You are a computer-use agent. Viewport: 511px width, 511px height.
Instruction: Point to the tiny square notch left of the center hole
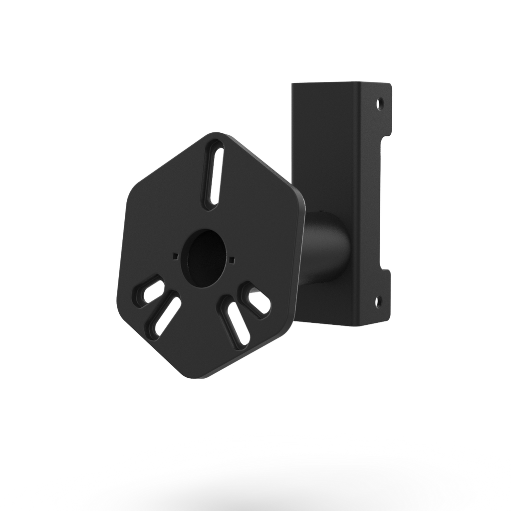pos(174,256)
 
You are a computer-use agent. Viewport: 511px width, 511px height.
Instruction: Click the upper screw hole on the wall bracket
pos(380,105)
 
